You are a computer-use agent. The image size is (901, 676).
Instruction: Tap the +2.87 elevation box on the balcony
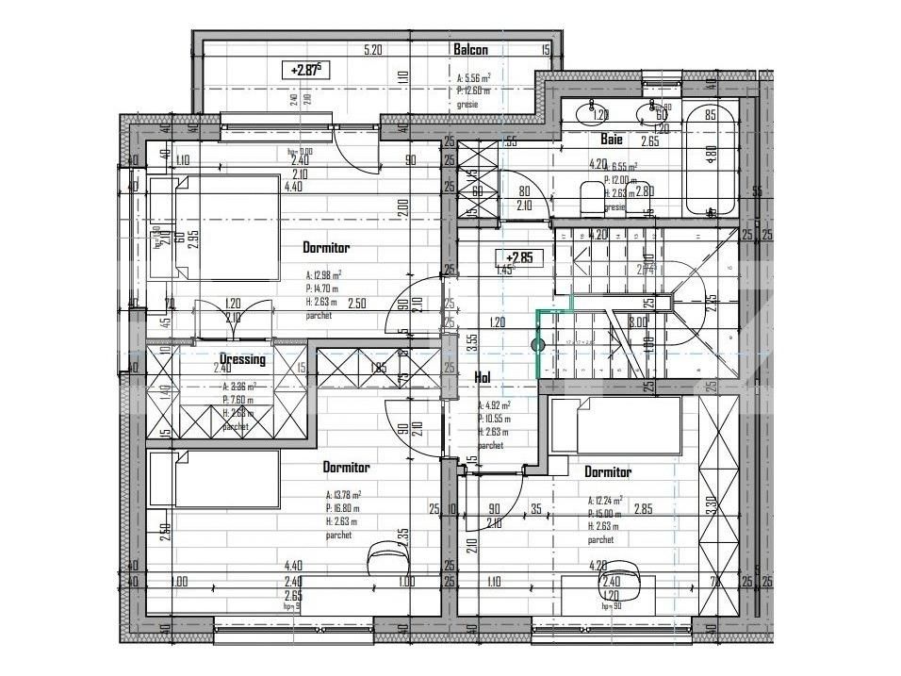tap(306, 70)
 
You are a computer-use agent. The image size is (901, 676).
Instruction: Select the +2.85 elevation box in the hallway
tap(520, 256)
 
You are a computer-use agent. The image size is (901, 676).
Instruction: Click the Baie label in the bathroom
tap(613, 140)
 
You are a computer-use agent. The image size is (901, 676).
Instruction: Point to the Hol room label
tap(482, 377)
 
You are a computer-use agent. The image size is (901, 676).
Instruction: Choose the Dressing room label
tap(242, 359)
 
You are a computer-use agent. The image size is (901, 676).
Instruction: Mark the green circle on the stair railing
tap(539, 345)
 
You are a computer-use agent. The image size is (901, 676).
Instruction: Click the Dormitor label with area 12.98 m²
tap(326, 248)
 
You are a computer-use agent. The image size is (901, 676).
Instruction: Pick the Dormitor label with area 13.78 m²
tap(346, 467)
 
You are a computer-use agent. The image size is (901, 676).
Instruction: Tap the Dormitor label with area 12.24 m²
tap(608, 471)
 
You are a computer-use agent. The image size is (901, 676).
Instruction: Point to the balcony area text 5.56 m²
tap(474, 79)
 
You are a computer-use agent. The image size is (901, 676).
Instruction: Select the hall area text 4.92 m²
tap(493, 406)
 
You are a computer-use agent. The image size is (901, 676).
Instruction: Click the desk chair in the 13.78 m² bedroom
tap(381, 555)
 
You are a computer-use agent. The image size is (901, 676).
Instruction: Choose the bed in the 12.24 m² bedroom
tap(615, 424)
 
